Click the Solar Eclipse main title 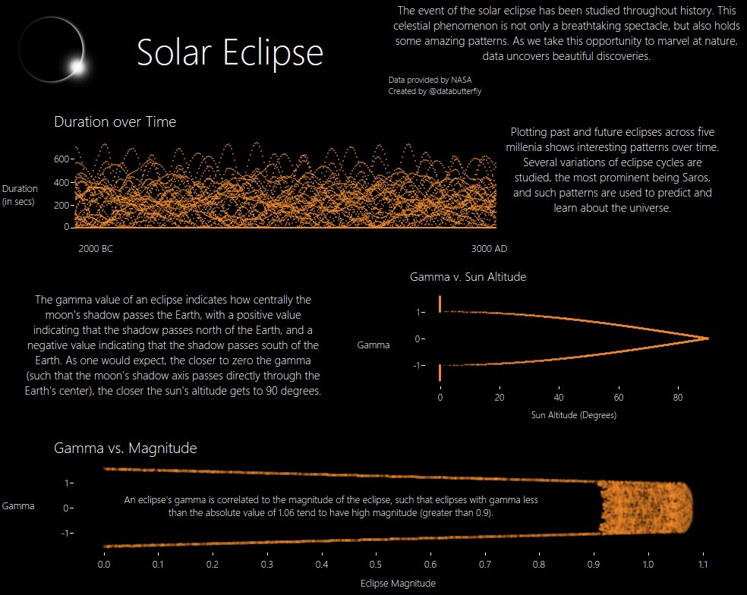[230, 53]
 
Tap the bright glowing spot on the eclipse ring [77, 67]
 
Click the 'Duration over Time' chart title [115, 121]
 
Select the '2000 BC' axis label [96, 248]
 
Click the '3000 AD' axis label [489, 248]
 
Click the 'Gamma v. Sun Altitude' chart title [468, 277]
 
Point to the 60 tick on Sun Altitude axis [619, 398]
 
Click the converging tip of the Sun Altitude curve [707, 338]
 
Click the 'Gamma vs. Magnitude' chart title [125, 449]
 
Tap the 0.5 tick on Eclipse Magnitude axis [376, 565]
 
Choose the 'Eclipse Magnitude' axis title [398, 584]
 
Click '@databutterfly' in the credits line [455, 91]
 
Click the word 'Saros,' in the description [689, 178]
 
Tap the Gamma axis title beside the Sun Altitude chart [373, 345]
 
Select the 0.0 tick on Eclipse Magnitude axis [105, 565]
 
